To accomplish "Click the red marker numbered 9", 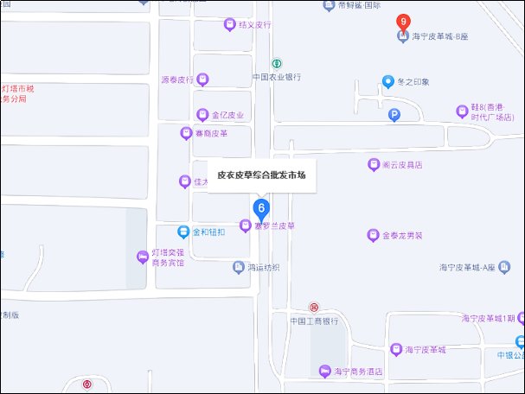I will point(402,22).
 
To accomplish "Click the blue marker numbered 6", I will point(260,208).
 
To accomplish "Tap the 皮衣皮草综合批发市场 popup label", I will point(261,175).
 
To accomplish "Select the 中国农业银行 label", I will point(276,77).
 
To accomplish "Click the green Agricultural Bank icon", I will point(277,63).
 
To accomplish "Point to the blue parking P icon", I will point(394,114).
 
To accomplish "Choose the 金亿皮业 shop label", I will point(227,115).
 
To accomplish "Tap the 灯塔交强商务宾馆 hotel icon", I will point(143,257).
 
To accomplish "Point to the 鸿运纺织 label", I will point(264,268).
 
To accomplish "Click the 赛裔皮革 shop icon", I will point(185,133).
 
